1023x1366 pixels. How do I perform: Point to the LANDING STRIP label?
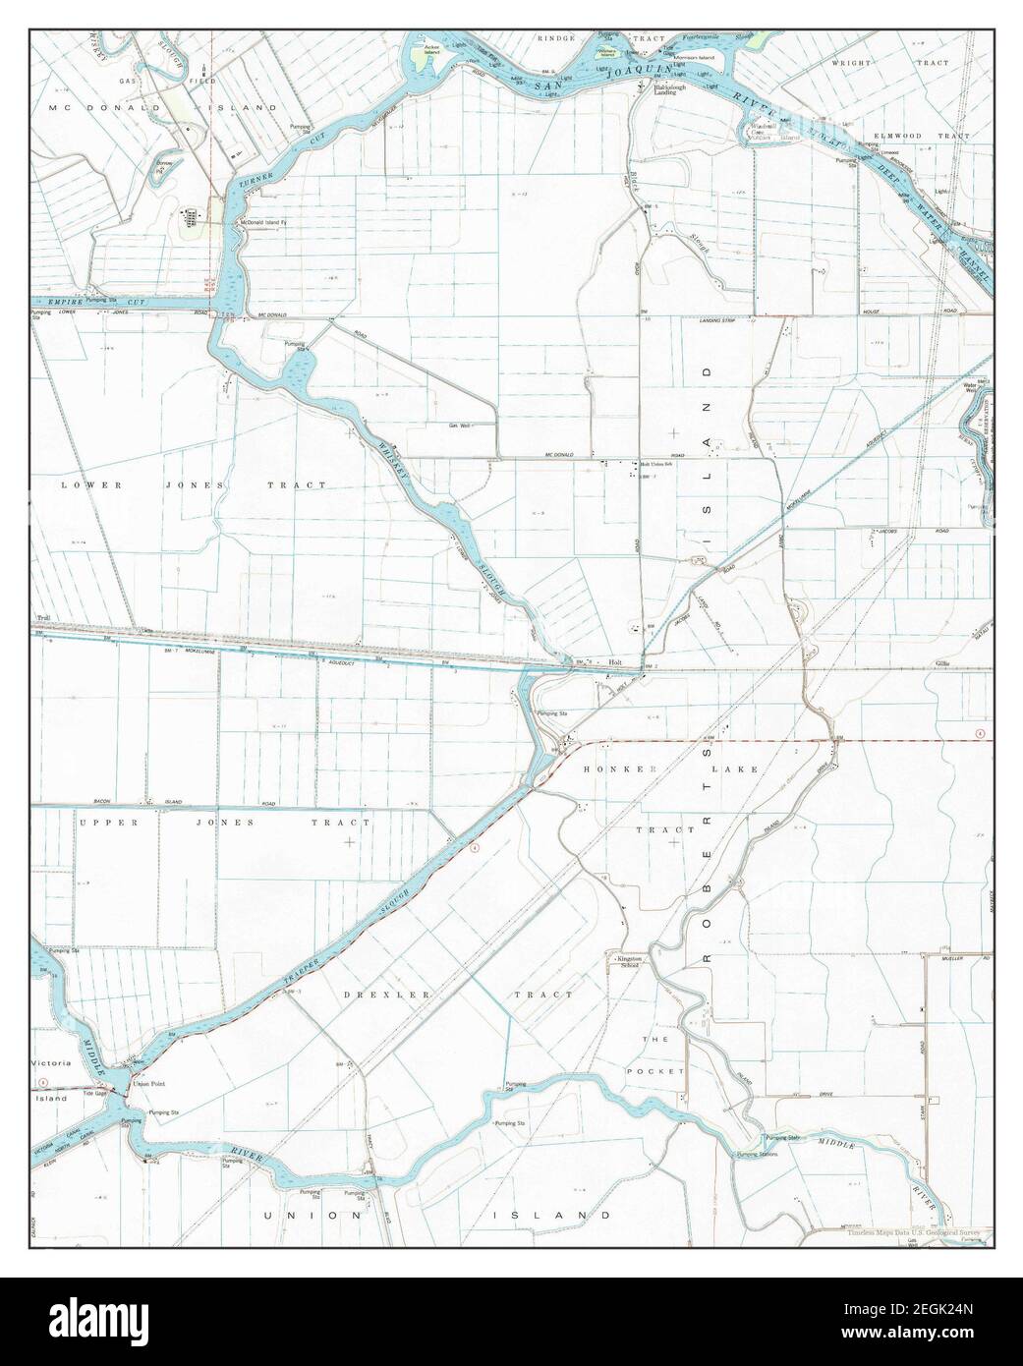(718, 320)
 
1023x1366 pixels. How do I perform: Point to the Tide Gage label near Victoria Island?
(95, 1092)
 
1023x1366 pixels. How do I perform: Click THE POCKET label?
(654, 1053)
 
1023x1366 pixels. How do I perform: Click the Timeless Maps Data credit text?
(919, 1232)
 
